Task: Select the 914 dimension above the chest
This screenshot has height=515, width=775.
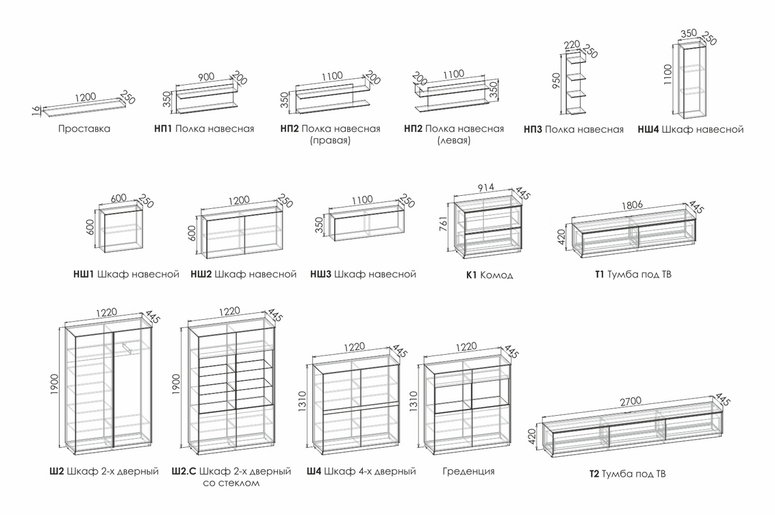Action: click(483, 188)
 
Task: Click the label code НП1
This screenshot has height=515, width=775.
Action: click(163, 129)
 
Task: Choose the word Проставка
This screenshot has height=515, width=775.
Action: click(84, 129)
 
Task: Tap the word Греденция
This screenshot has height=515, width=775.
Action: click(468, 471)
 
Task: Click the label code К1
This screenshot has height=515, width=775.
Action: click(471, 275)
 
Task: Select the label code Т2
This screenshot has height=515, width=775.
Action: click(594, 474)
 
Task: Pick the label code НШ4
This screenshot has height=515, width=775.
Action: click(648, 129)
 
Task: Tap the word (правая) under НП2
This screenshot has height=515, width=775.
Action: click(330, 141)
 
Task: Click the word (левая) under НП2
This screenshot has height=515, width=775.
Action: click(454, 141)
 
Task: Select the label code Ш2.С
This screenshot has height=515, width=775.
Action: click(184, 471)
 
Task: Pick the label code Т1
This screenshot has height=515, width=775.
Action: click(600, 275)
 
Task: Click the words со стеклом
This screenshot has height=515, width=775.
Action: click(231, 483)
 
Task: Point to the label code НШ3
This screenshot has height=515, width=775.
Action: click(320, 275)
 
